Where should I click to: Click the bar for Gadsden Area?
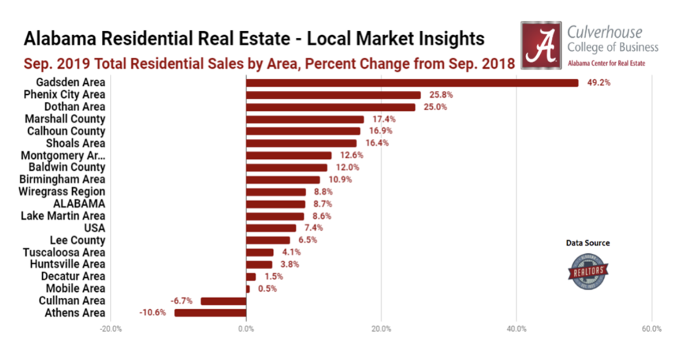[x=411, y=83]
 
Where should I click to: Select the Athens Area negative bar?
[x=211, y=313]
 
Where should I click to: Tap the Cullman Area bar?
[x=223, y=301]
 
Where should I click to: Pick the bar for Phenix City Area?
[x=333, y=95]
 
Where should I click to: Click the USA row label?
[x=94, y=228]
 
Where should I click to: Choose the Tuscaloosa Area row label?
[x=67, y=252]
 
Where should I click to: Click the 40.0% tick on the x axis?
[x=517, y=329]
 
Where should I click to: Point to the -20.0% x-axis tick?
[x=111, y=329]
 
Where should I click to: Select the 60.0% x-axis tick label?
[x=652, y=329]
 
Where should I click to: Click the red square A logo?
[x=541, y=44]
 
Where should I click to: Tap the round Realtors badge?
[x=588, y=269]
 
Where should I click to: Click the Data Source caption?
[x=588, y=243]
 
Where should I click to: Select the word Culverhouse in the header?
[x=605, y=32]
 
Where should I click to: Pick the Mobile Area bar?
[x=248, y=288]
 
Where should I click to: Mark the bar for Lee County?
[x=268, y=240]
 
